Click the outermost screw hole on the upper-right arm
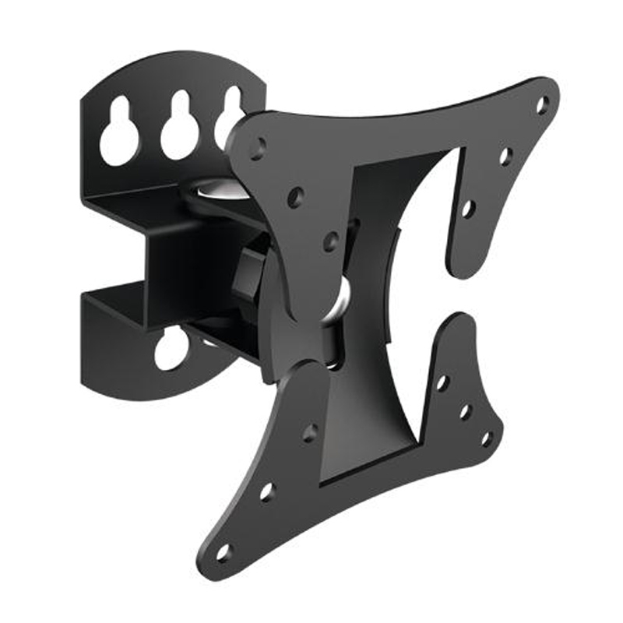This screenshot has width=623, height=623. [543, 104]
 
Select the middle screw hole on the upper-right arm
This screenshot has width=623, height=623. [505, 156]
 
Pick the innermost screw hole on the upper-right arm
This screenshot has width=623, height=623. [468, 208]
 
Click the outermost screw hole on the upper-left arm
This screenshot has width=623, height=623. [258, 146]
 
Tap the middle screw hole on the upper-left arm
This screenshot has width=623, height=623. [295, 196]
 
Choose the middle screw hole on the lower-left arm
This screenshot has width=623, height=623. [267, 492]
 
